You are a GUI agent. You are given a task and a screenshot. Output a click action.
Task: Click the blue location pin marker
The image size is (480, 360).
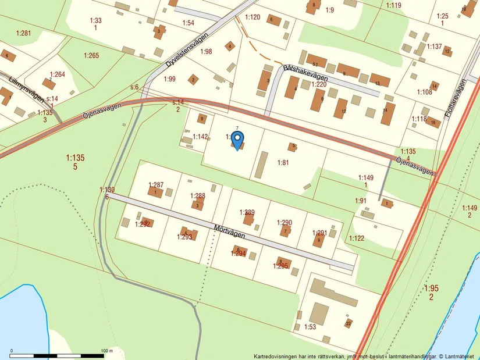(237, 140)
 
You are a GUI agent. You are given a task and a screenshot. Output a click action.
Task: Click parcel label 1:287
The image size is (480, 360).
(155, 185)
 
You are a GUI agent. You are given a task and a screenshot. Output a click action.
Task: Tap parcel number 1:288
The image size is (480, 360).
(197, 196)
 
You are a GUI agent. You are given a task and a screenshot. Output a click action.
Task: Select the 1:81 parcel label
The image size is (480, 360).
(283, 163)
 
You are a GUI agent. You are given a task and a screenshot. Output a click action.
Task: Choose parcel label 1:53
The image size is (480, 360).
(310, 327)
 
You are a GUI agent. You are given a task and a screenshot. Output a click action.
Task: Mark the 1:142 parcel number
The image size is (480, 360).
(200, 137)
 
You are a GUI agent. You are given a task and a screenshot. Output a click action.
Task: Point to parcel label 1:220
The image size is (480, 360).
(318, 84)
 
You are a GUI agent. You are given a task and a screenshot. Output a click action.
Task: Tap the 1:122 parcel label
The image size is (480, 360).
(357, 238)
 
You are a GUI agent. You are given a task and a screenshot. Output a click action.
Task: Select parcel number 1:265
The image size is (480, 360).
(91, 56)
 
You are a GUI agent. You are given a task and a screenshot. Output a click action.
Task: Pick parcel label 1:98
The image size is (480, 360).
(206, 52)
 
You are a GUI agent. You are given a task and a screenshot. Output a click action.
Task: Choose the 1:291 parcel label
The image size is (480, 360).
(319, 233)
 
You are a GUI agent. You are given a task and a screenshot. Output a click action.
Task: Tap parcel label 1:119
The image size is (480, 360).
(394, 6)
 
